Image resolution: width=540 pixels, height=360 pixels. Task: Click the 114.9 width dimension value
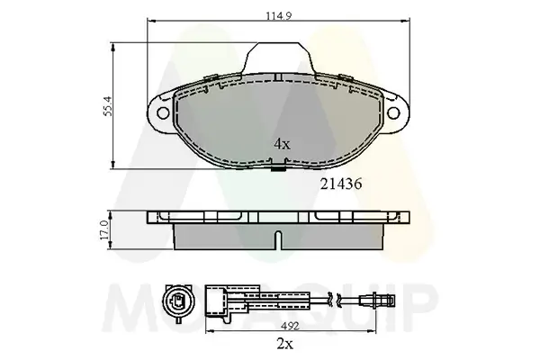pos(274,13)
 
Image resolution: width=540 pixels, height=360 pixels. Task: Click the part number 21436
pos(342,182)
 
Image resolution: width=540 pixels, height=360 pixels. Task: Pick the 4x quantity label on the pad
pos(282,144)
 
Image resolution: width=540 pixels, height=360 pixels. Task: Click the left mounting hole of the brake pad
pos(163,112)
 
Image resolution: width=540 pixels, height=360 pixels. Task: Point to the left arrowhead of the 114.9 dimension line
pos(149,22)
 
